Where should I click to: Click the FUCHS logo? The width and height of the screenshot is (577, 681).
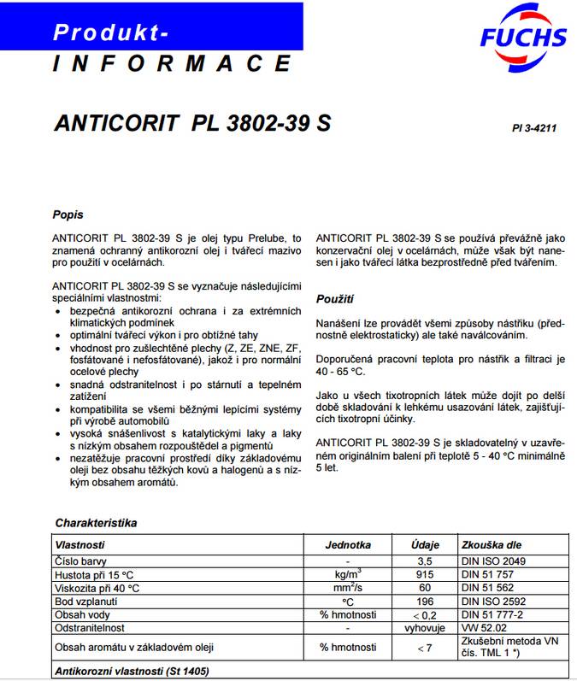[523, 37]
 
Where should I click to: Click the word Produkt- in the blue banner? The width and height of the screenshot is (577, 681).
[110, 32]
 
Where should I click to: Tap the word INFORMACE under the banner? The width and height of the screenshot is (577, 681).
[171, 64]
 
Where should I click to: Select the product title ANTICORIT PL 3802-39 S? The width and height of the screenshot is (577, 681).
[192, 122]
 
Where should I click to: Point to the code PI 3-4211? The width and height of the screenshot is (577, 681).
[534, 128]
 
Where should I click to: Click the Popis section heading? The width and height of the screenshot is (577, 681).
[68, 214]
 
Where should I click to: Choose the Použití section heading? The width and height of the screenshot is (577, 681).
[335, 299]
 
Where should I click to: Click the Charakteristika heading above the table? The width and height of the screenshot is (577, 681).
[96, 522]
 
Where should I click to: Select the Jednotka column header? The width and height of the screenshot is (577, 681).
[348, 544]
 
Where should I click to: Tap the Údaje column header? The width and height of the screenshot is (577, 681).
[425, 544]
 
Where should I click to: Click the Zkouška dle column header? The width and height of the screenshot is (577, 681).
[491, 544]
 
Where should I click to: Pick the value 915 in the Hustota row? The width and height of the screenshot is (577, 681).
[425, 575]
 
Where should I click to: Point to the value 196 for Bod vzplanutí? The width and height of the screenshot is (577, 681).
[425, 602]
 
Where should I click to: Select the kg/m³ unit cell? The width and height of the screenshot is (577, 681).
[348, 574]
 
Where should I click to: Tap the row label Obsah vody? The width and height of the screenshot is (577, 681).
[84, 615]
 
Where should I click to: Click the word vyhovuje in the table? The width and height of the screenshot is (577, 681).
[425, 628]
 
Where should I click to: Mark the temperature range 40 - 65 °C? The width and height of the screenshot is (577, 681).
[340, 372]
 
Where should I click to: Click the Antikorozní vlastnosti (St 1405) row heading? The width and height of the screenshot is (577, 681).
[132, 672]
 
